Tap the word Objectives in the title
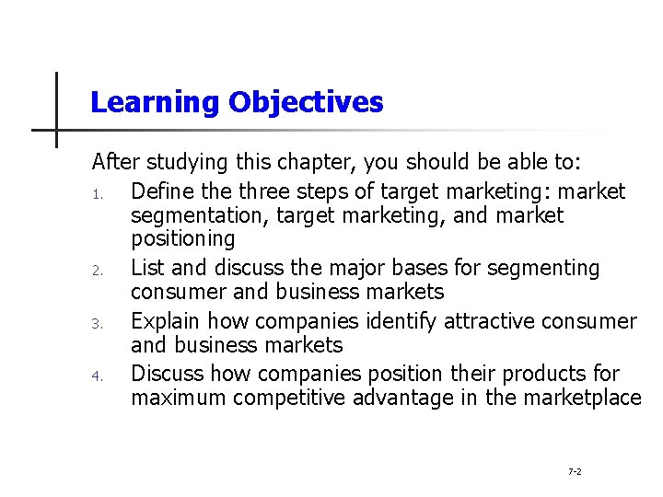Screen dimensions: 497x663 306,102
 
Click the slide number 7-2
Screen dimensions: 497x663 575,471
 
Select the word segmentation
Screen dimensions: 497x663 196,215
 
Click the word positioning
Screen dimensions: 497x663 183,239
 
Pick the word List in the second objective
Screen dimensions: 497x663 148,268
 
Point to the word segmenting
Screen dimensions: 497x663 543,268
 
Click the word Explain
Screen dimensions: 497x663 167,321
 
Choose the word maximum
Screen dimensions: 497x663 179,398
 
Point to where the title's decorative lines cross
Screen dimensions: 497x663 56,130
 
